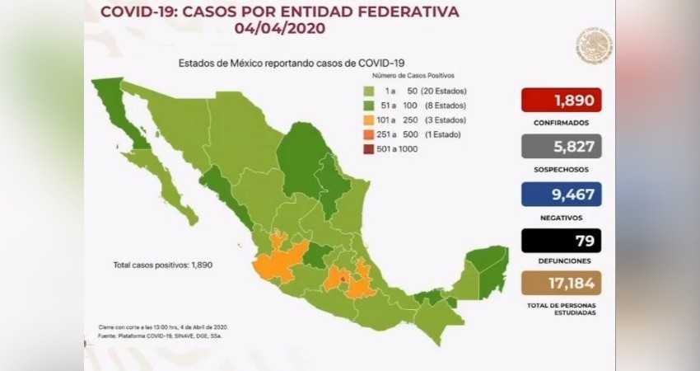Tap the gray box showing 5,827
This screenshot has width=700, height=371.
pyautogui.click(x=561, y=146)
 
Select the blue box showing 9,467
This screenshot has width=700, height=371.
pyautogui.click(x=561, y=194)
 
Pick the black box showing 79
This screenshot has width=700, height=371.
pyautogui.click(x=561, y=241)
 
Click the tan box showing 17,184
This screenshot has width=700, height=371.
pyautogui.click(x=561, y=283)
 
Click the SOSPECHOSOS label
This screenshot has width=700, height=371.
pyautogui.click(x=561, y=169)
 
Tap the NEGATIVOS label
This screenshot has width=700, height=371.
pyautogui.click(x=561, y=216)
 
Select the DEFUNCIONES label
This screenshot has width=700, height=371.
pyautogui.click(x=561, y=260)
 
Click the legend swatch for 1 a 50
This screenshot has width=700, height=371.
pyautogui.click(x=368, y=92)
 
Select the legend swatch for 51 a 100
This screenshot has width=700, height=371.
pyautogui.click(x=368, y=106)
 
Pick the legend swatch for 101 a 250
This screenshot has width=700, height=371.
pyautogui.click(x=368, y=120)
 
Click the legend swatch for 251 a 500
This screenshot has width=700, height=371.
pyautogui.click(x=368, y=134)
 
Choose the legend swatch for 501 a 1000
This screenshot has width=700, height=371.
pyautogui.click(x=368, y=148)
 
